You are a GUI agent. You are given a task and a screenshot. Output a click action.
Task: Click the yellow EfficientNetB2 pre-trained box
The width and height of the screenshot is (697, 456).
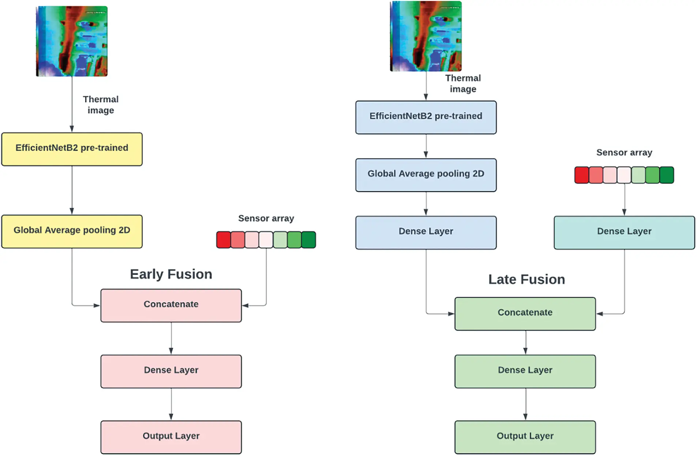click(x=72, y=149)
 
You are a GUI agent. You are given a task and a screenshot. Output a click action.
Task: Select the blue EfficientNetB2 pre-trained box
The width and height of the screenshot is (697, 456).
click(x=426, y=117)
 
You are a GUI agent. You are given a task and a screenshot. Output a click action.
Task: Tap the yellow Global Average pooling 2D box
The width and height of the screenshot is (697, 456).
click(x=72, y=231)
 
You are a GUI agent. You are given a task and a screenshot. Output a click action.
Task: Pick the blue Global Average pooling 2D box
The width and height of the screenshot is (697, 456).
click(x=426, y=175)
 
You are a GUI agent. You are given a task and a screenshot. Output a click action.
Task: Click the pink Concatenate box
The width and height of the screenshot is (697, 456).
click(x=171, y=305)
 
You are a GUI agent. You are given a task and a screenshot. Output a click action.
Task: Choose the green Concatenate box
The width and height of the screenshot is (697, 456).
click(x=525, y=314)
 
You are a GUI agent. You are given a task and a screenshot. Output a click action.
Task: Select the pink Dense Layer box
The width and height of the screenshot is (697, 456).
click(x=171, y=371)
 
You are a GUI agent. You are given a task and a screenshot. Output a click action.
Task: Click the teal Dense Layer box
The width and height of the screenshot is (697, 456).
click(x=624, y=233)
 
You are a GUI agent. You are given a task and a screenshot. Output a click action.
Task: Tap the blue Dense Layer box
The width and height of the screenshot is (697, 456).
click(x=426, y=233)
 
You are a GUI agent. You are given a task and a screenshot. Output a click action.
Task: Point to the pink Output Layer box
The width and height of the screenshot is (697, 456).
click(x=171, y=437)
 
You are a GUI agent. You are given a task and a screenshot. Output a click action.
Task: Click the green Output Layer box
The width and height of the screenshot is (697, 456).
click(x=525, y=437)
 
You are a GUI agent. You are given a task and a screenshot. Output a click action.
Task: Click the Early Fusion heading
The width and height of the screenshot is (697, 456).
click(x=171, y=274)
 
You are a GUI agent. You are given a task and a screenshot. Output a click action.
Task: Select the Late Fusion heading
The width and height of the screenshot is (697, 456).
click(x=527, y=279)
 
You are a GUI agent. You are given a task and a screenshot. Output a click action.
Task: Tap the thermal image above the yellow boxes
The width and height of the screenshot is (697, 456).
click(x=72, y=41)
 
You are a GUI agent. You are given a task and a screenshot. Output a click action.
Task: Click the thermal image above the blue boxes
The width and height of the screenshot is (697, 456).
click(x=426, y=36)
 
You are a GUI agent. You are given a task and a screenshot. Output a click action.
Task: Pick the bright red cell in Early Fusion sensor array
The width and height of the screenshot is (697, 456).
click(x=224, y=240)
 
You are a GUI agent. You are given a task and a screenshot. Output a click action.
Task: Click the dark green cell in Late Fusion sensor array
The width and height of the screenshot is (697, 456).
click(x=667, y=175)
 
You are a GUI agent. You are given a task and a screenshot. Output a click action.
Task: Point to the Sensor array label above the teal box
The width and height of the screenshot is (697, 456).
click(x=624, y=152)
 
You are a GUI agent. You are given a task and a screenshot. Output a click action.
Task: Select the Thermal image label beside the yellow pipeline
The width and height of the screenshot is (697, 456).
click(x=101, y=105)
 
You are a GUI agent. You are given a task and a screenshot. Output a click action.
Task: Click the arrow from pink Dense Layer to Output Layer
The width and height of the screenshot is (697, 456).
click(x=171, y=404)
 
